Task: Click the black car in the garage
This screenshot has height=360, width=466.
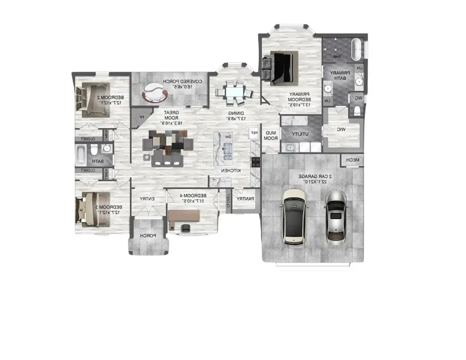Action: pos(293,217)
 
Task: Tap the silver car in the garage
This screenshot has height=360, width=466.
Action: pos(336,215)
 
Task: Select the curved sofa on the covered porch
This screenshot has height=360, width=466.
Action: pos(154,92)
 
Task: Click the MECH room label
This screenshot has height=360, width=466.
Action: pos(352,161)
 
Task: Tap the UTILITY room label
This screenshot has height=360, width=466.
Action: pos(300,134)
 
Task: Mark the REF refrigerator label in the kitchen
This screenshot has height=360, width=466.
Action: pos(254,133)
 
